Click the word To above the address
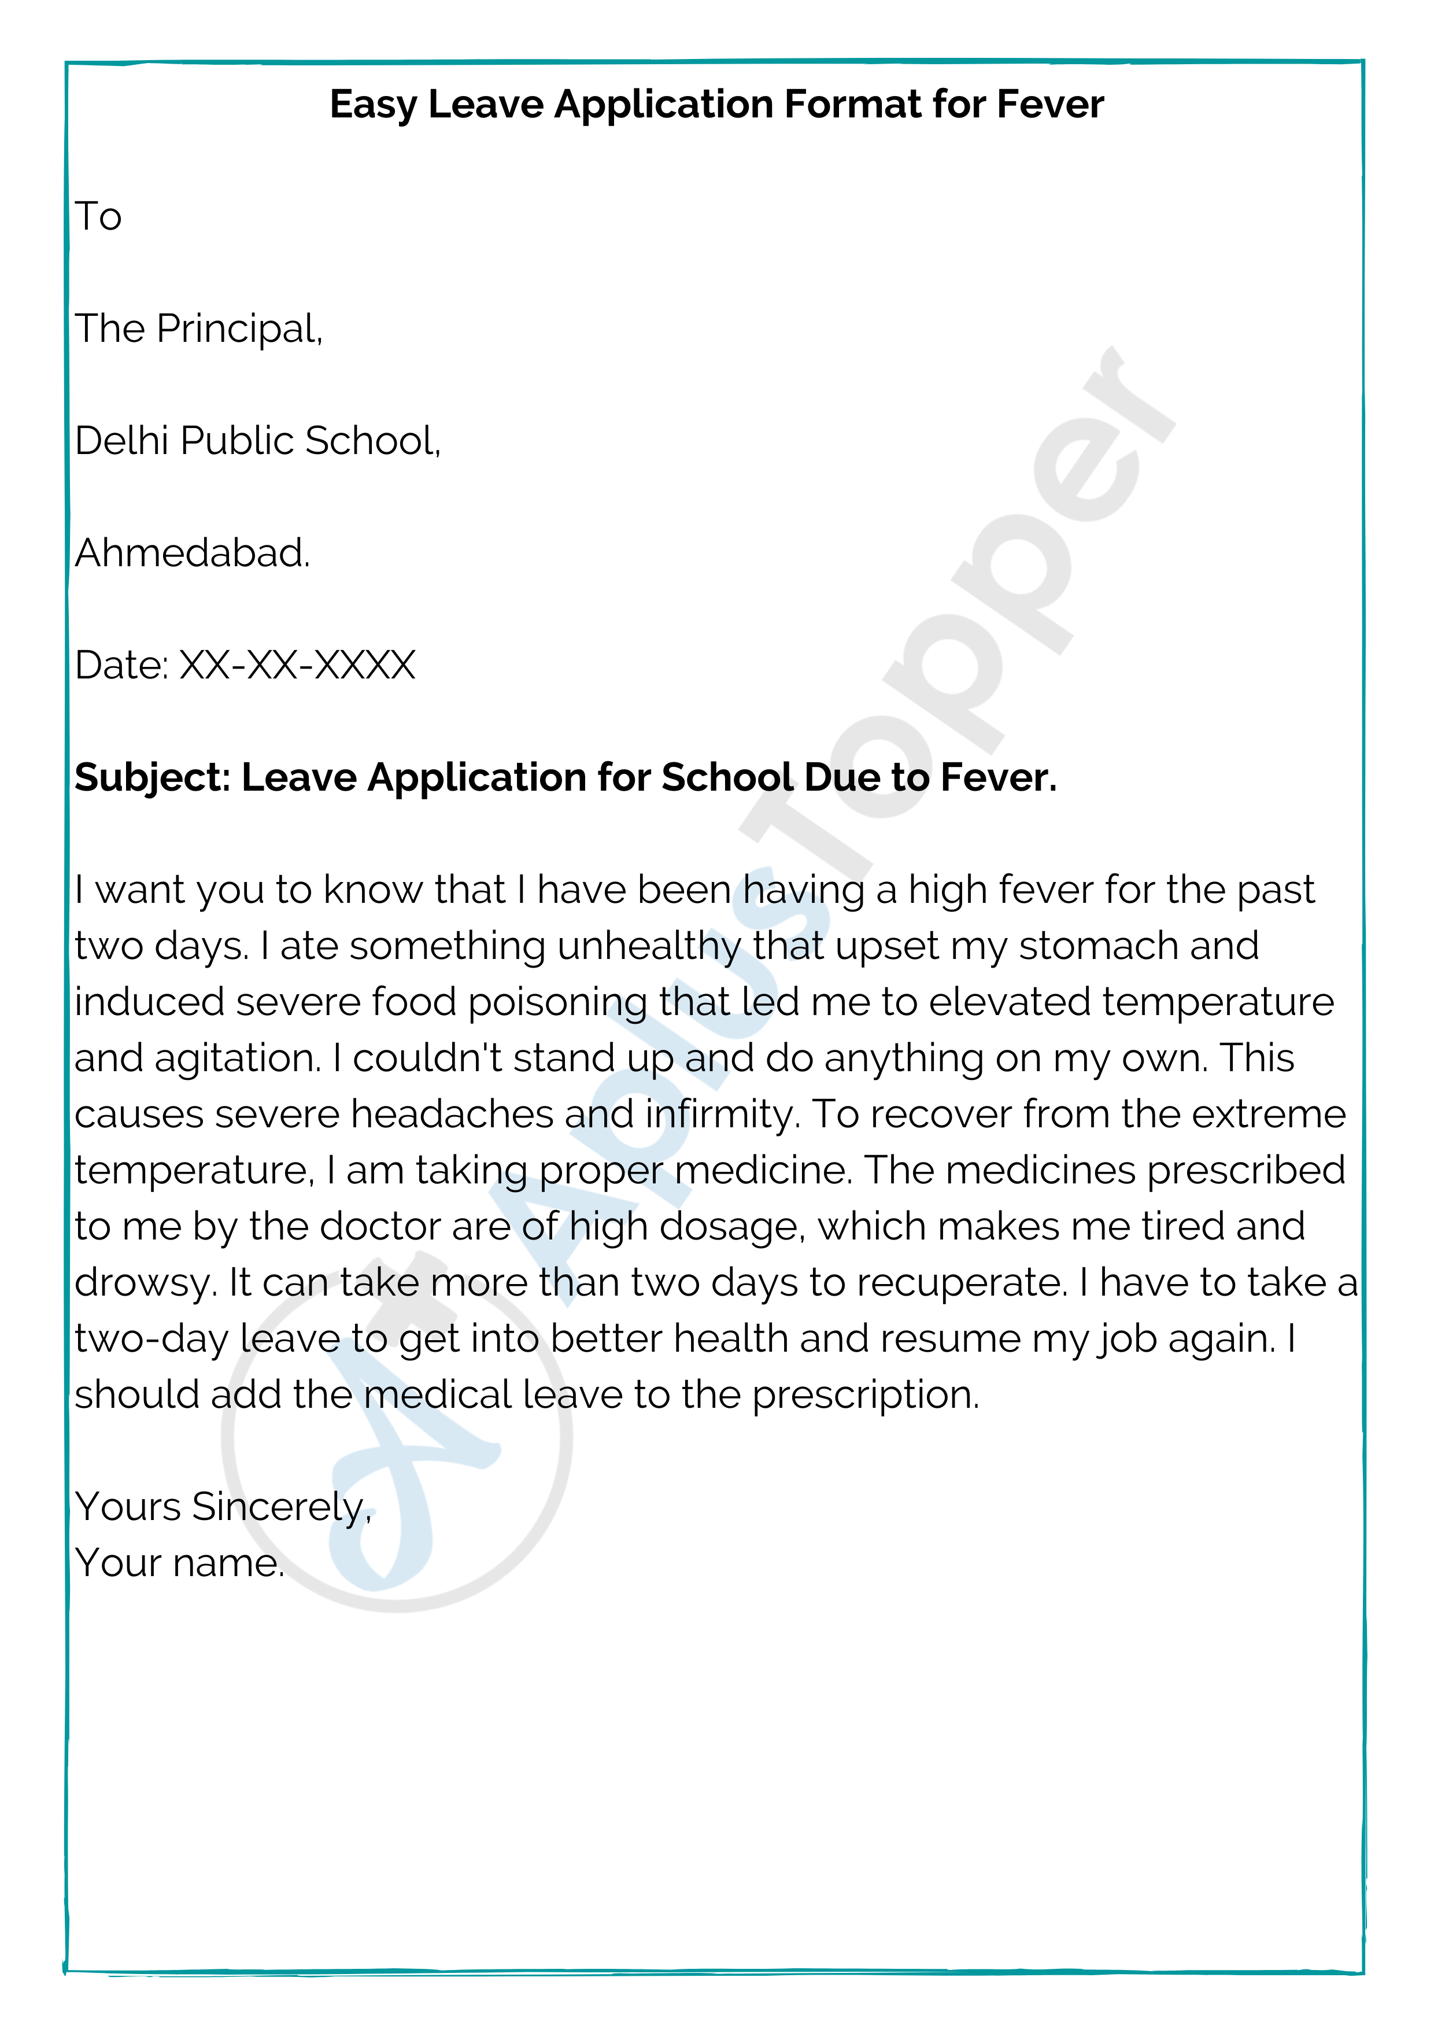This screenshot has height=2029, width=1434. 98,216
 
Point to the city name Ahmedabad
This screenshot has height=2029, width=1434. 192,553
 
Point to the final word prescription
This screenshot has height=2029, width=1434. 865,1396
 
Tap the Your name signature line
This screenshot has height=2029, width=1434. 179,1563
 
